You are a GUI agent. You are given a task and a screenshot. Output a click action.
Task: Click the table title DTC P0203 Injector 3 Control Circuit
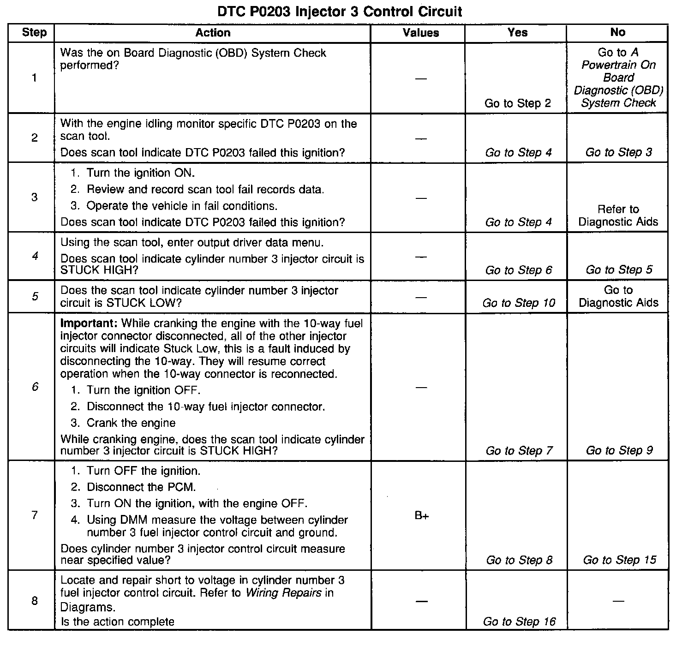coord(340,11)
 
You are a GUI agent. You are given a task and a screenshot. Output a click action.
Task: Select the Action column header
coord(213,33)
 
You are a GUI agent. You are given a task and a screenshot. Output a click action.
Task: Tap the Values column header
coord(421,33)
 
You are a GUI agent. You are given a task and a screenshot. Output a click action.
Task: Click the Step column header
coord(34,33)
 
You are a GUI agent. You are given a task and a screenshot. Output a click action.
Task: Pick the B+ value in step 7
coord(422,516)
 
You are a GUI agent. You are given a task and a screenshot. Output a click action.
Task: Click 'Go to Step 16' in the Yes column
coord(519,622)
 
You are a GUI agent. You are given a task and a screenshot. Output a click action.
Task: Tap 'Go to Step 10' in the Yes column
coord(519,303)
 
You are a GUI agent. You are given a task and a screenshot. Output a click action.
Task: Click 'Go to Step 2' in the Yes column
coord(518,103)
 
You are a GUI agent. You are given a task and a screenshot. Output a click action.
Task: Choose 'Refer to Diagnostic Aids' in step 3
coord(618,215)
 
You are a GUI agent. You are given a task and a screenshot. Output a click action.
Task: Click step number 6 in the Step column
coord(35,387)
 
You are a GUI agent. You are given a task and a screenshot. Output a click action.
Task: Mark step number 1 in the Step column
coord(34,78)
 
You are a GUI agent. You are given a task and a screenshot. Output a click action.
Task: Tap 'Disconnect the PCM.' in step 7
coord(141,487)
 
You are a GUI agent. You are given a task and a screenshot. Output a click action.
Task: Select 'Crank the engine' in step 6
coord(131,423)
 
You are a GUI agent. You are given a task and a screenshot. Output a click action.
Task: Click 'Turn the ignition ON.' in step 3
coord(141,173)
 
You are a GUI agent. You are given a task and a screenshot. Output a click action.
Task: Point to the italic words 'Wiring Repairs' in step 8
coord(283,593)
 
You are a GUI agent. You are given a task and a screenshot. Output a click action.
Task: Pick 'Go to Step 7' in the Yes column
coord(519,450)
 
